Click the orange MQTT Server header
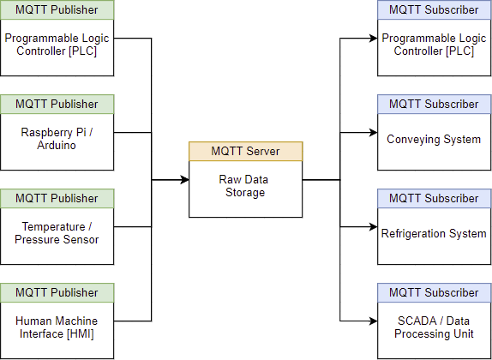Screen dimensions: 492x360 tap(246, 151)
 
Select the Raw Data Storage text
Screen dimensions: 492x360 tap(243, 186)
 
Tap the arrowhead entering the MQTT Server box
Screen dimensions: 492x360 tap(184, 180)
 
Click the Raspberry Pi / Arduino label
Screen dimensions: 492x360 tap(57, 139)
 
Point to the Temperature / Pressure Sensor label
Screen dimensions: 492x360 tap(57, 233)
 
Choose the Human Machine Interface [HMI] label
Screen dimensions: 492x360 tap(57, 327)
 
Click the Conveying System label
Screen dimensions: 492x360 tap(434, 139)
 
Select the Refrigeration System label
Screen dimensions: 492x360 tap(434, 233)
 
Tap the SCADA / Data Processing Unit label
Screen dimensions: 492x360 tap(434, 327)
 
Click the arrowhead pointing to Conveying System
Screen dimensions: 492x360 tap(373, 133)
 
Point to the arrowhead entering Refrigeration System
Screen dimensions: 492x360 tap(373, 226)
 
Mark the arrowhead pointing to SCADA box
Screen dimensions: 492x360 tap(373, 321)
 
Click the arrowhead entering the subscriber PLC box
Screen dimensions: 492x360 tap(373, 39)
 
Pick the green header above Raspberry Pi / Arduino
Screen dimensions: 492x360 tap(57, 105)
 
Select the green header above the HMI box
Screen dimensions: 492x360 tap(57, 293)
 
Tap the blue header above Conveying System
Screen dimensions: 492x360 tap(435, 105)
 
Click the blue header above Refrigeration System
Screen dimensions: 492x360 tap(435, 198)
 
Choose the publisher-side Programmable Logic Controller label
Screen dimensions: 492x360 tap(57, 45)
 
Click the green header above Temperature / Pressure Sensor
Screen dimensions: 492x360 tap(57, 198)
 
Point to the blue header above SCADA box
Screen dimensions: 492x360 tap(435, 293)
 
